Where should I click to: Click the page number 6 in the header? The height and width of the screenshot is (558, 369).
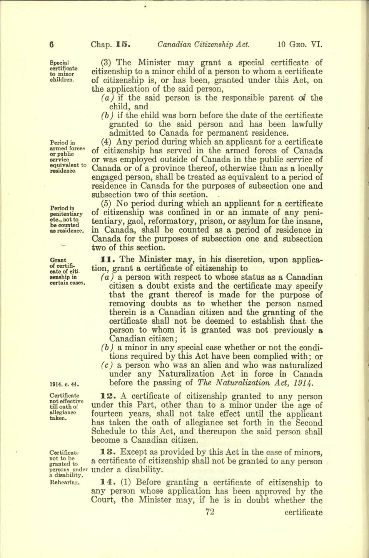(51, 44)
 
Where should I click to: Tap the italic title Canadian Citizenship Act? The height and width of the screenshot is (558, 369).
(204, 44)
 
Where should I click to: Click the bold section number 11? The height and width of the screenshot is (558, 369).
(105, 260)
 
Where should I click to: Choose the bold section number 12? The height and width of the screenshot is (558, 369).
(106, 396)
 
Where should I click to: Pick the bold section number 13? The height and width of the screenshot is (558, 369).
(106, 452)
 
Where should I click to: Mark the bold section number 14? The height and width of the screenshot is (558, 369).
(106, 482)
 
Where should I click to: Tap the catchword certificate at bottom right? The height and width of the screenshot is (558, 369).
(304, 513)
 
